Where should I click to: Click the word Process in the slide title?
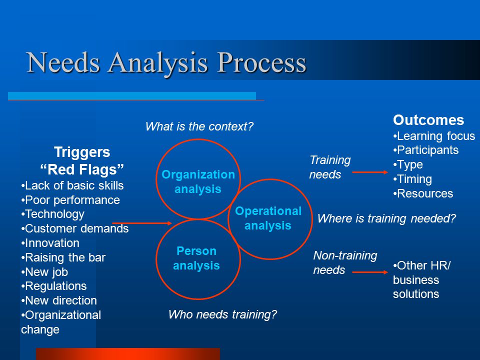[261, 63]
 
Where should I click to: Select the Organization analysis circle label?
[198, 181]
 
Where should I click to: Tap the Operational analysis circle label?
[268, 218]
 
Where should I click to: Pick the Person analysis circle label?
[196, 258]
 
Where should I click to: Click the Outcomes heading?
[428, 120]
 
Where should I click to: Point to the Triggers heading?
[82, 152]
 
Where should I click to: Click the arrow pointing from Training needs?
[370, 172]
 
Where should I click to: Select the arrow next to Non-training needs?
[370, 272]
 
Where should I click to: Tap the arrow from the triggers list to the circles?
[142, 223]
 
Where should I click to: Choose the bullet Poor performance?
[70, 200]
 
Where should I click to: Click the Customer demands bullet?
[75, 228]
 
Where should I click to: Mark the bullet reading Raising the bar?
[63, 257]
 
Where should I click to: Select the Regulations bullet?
[54, 286]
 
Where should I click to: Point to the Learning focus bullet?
[434, 136]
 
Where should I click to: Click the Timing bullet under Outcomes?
[412, 179]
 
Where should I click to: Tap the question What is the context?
[199, 126]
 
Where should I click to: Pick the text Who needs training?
[222, 314]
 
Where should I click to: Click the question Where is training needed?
[386, 218]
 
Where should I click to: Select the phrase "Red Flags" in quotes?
[82, 169]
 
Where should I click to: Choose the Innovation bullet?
[50, 243]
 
